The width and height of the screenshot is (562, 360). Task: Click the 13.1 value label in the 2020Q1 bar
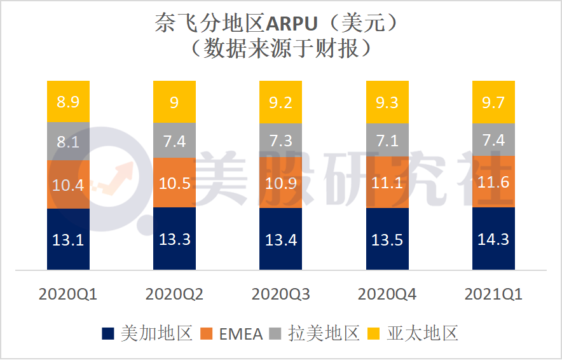pos(68,240)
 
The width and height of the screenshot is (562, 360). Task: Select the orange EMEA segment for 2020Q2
pos(174,183)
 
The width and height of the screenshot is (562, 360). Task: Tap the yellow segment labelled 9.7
pos(493,102)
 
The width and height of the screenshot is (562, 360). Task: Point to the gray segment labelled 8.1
pos(68,141)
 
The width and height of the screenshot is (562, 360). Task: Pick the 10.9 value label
pos(280,183)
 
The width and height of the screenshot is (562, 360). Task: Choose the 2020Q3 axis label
pos(280,294)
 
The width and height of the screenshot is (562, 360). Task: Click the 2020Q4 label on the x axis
pos(387,294)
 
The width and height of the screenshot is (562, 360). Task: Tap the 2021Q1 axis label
pos(493,294)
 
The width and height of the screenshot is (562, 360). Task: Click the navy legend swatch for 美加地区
pos(109,333)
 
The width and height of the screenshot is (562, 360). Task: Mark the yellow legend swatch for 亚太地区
pos(375,333)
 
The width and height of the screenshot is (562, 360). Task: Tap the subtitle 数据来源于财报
pos(280,48)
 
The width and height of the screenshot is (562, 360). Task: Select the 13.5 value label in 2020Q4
pos(387,240)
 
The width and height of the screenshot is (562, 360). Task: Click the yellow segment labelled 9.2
pos(280,102)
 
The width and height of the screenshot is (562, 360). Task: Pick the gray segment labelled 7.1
pos(387,140)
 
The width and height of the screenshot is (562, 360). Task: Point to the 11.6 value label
pos(493,183)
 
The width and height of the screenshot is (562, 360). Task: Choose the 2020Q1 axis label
pos(68,294)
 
